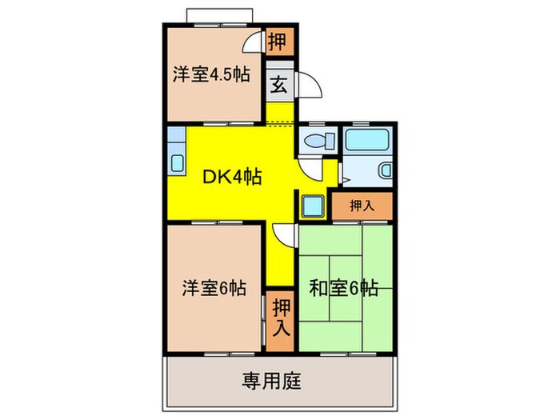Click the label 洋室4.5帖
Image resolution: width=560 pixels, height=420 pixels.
[210, 75]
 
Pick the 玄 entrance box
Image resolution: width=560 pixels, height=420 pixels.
[278, 82]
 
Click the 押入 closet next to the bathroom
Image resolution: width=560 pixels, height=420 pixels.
[362, 206]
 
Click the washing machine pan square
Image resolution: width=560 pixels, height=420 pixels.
[311, 206]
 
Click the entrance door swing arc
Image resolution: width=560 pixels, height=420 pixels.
[309, 85]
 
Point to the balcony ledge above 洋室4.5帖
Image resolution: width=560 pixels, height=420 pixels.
[220, 17]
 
